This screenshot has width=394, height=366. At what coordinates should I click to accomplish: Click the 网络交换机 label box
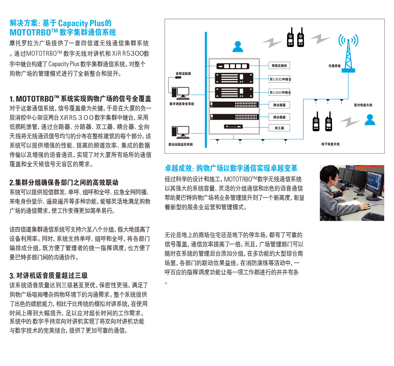click(279, 66)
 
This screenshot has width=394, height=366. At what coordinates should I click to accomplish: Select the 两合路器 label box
click(279, 105)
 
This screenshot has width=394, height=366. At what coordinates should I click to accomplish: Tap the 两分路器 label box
click(279, 117)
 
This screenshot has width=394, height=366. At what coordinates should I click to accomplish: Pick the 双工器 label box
click(279, 128)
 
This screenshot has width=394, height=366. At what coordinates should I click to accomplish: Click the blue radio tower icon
click(348, 52)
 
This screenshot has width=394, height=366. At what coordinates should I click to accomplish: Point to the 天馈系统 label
click(334, 66)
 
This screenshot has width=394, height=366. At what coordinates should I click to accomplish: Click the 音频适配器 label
click(183, 73)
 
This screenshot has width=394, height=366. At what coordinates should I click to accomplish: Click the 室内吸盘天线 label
click(363, 105)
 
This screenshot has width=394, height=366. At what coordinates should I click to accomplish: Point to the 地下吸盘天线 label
click(330, 144)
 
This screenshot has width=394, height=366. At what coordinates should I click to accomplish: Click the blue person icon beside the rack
click(238, 47)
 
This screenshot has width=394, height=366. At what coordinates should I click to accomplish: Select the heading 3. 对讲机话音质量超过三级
click(49, 275)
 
